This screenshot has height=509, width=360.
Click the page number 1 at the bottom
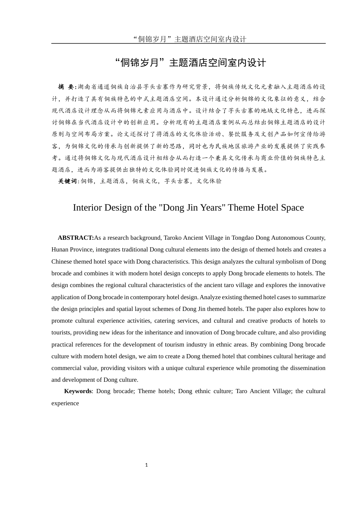(x=146, y=465)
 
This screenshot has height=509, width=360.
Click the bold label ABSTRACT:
(x=75, y=238)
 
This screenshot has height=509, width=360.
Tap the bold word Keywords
(x=78, y=391)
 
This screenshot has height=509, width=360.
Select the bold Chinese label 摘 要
(x=67, y=87)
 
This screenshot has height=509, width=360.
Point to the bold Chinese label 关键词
(x=67, y=181)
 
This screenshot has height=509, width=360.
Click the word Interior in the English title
(x=87, y=208)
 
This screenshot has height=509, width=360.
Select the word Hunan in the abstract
(x=60, y=250)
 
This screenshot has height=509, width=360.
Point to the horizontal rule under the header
(x=188, y=44)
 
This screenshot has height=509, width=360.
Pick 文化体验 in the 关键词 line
(x=209, y=181)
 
